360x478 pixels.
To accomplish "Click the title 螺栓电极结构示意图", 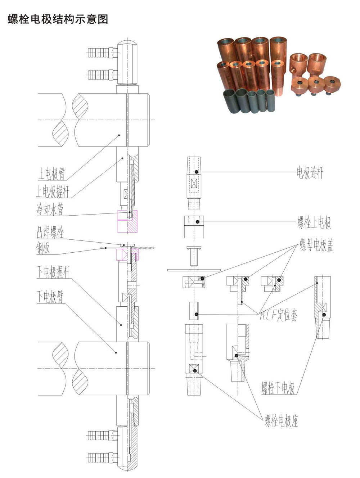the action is pyautogui.click(x=58, y=19).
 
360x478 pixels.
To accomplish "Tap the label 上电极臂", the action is pyautogui.click(x=51, y=173).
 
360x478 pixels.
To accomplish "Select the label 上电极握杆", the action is pyautogui.click(x=53, y=191).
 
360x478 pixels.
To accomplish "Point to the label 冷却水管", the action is pyautogui.click(x=50, y=209).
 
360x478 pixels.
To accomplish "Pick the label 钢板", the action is pyautogui.click(x=43, y=248).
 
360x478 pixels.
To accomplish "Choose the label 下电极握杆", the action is pyautogui.click(x=53, y=272).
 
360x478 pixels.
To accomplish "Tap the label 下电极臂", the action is pyautogui.click(x=50, y=297).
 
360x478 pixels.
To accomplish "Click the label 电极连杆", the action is pyautogui.click(x=310, y=172).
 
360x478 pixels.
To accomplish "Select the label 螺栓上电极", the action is pyautogui.click(x=314, y=222).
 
